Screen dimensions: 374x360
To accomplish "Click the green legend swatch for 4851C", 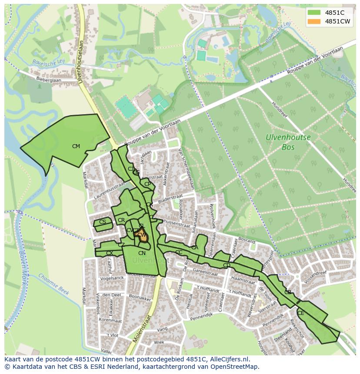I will [313, 12].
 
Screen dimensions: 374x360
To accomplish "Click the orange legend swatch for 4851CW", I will [313, 21].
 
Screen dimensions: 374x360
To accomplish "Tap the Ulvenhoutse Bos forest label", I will [288, 142].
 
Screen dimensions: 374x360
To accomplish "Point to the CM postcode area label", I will [76, 146].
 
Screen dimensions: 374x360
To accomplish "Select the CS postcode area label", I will [103, 222].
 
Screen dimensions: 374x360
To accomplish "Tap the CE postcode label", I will [301, 313].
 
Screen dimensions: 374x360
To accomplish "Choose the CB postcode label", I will [288, 292].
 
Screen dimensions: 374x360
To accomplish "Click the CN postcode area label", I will [142, 253].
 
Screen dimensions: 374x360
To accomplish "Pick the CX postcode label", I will [110, 253].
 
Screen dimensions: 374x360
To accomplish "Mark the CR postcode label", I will [121, 221].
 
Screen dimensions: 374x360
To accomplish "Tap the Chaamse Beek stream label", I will [53, 284].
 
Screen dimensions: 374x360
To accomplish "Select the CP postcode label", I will [148, 184].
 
